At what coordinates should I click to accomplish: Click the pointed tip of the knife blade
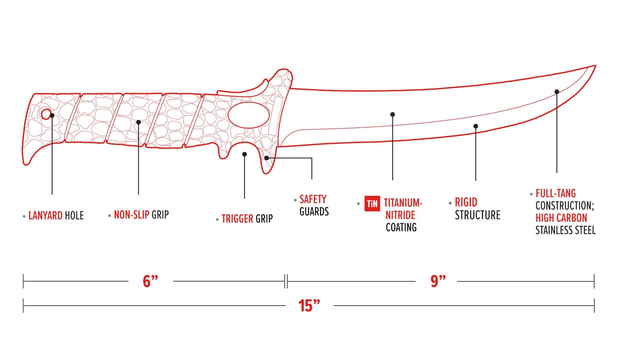pos(595,66)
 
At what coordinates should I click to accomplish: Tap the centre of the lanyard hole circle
pos(46,114)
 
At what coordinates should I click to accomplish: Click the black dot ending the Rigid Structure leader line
pos(476,126)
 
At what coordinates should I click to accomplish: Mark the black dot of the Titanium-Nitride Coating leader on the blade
pos(393,114)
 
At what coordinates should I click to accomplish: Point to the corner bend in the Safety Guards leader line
pos(312,158)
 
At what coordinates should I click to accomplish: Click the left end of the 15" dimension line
pos(23,306)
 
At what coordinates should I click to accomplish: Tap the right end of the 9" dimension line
pos(594,281)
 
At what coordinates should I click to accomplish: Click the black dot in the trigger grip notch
pos(244,154)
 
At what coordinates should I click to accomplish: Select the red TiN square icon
pos(372,203)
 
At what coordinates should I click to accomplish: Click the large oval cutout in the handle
pos(249,115)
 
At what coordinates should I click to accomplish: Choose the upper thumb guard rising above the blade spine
pos(280,80)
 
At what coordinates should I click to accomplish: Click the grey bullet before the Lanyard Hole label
pos(24,216)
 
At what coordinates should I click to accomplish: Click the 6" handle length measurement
pos(150,281)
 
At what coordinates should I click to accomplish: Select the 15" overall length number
pos(309,306)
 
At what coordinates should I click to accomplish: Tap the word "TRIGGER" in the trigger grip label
pos(237,219)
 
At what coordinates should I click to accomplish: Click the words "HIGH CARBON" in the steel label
pos(561,218)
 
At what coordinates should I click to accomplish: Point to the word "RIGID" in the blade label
pos(466,202)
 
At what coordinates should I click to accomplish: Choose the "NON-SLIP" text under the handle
pos(131,215)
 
